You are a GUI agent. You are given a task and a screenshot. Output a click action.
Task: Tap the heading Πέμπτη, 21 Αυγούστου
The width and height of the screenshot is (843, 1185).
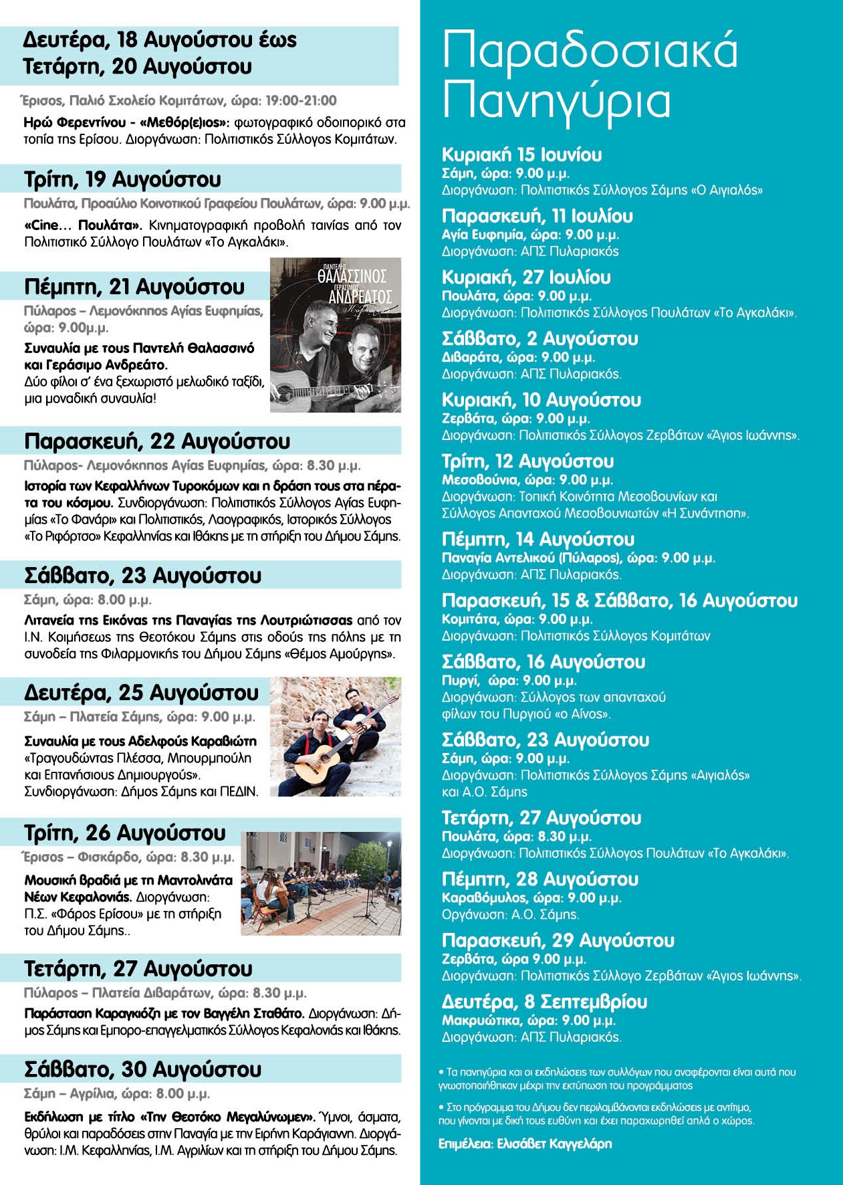point(134,287)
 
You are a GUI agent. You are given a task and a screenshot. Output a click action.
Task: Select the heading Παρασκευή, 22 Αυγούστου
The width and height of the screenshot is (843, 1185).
point(157,441)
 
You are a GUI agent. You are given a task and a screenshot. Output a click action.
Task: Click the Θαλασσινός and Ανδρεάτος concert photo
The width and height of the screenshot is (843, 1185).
point(336,335)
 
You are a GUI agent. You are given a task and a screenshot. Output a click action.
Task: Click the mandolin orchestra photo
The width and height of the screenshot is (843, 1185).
point(321,883)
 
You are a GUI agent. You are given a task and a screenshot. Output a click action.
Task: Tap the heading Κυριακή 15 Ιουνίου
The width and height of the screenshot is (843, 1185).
point(522,155)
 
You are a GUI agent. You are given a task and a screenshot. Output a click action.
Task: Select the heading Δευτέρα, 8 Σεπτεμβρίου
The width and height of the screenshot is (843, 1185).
point(544,1002)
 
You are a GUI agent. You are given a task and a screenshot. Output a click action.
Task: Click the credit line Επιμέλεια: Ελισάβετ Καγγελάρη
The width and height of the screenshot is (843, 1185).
point(525,1143)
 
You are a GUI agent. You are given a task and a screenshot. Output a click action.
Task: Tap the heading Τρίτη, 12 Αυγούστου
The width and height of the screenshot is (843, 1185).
point(527,461)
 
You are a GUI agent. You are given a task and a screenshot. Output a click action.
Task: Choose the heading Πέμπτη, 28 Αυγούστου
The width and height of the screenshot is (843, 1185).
point(539,879)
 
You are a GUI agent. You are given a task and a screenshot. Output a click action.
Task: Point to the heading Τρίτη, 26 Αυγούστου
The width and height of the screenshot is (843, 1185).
point(125,833)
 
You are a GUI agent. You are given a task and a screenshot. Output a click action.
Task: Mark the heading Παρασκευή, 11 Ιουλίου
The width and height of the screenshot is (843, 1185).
point(537,216)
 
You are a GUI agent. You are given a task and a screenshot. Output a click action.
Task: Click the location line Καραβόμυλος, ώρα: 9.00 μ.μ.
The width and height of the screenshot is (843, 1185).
point(531,897)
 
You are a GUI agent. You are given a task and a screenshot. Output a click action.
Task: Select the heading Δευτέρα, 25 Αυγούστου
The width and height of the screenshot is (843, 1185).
point(141,693)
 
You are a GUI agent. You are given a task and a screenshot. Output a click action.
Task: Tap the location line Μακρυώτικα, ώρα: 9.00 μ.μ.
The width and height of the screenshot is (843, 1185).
point(528,1020)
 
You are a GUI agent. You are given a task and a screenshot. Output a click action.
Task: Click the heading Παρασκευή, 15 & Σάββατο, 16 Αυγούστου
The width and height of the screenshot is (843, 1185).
point(620,601)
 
